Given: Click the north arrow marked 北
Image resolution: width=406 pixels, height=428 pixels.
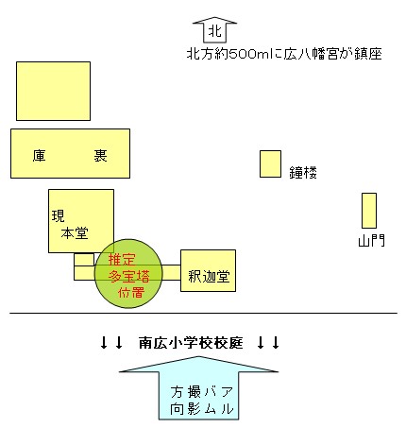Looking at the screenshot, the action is [x=214, y=30].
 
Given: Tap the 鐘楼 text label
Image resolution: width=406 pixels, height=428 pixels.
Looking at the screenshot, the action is [x=303, y=172].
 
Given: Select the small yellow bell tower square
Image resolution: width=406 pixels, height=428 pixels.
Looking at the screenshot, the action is [x=270, y=163].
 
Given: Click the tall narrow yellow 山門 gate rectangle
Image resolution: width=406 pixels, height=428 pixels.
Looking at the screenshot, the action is [x=369, y=211].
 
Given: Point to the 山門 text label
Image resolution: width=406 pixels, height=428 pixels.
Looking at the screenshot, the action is [x=371, y=241].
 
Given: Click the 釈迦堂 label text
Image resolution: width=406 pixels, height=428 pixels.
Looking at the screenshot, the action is [x=209, y=277].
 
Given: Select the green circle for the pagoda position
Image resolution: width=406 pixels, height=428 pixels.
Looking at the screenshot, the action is [x=128, y=273].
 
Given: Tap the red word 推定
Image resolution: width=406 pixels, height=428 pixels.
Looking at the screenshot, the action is [x=122, y=260].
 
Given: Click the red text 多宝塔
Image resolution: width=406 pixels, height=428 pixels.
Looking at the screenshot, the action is [x=128, y=276].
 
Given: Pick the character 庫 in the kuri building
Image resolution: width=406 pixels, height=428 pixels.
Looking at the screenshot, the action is [x=40, y=155].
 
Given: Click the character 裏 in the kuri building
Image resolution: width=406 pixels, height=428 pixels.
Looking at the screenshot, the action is [x=100, y=155].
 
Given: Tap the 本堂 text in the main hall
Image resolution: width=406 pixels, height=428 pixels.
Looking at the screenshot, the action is [x=75, y=233].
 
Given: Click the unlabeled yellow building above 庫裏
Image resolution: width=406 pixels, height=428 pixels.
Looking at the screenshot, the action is [x=53, y=91].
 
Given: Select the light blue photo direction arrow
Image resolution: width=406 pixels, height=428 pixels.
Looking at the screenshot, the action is [x=198, y=388].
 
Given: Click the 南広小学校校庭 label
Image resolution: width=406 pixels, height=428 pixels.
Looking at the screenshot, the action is [x=191, y=343].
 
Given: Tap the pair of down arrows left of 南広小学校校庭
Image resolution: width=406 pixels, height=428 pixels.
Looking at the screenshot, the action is [x=111, y=343].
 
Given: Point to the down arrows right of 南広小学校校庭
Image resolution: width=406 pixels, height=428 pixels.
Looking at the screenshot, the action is [x=268, y=343].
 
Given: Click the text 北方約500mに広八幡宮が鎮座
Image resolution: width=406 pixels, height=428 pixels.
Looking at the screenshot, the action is [x=284, y=54].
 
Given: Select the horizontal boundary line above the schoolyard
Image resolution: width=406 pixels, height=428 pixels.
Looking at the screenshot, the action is [x=203, y=313].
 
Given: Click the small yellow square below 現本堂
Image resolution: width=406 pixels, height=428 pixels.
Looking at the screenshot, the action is [x=84, y=260].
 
